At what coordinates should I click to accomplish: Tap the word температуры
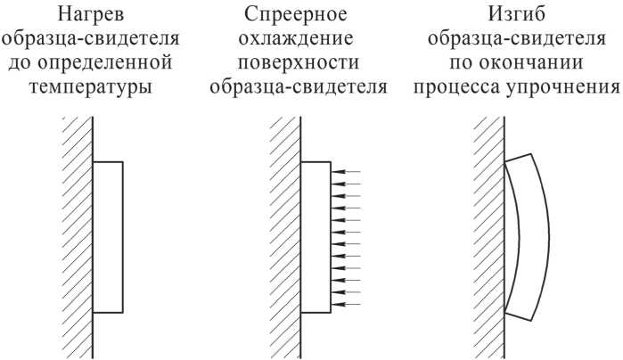(x=91, y=88)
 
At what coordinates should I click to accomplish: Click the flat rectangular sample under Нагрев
(x=107, y=236)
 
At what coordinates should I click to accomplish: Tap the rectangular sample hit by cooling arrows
(x=316, y=236)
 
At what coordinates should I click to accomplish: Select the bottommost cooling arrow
(x=347, y=304)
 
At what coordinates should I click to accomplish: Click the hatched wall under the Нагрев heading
(x=77, y=236)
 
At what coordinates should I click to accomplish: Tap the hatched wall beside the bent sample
(x=488, y=236)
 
